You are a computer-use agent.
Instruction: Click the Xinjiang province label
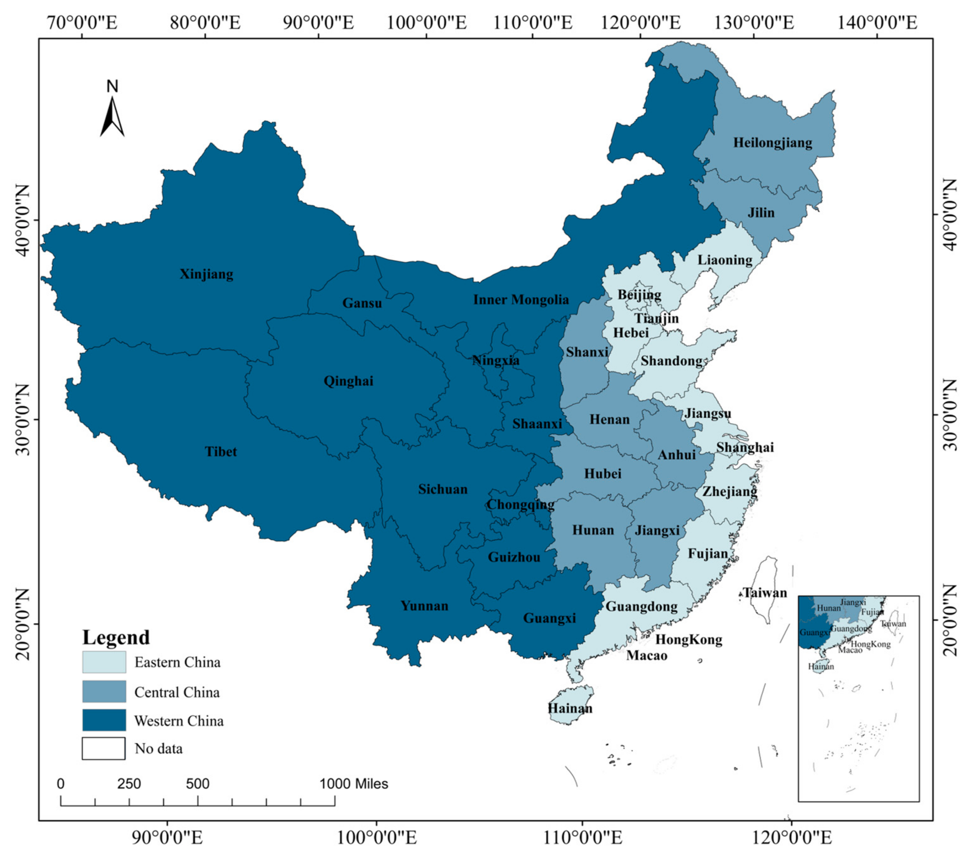[206, 274]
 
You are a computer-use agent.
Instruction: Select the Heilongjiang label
[772, 142]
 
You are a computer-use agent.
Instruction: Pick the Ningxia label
[495, 360]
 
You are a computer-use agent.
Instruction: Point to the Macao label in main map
[647, 656]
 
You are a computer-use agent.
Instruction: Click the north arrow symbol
[112, 112]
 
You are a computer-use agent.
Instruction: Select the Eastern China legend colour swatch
[104, 662]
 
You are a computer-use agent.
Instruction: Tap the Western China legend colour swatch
[104, 720]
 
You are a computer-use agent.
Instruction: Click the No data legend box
[104, 749]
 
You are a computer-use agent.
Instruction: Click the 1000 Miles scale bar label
[354, 784]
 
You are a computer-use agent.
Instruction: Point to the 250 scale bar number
[129, 784]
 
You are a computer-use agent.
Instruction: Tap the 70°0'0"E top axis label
[82, 22]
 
